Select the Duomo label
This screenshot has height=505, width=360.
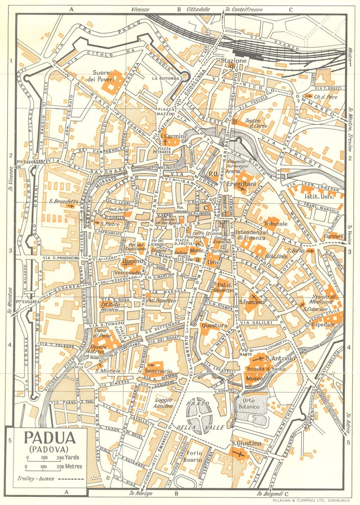click(x=131, y=263)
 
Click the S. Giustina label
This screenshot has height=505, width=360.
click(x=246, y=444)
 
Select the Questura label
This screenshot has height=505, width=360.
click(x=214, y=325)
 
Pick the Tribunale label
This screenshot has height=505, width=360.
click(x=276, y=223)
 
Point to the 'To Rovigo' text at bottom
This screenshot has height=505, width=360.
click(x=140, y=494)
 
